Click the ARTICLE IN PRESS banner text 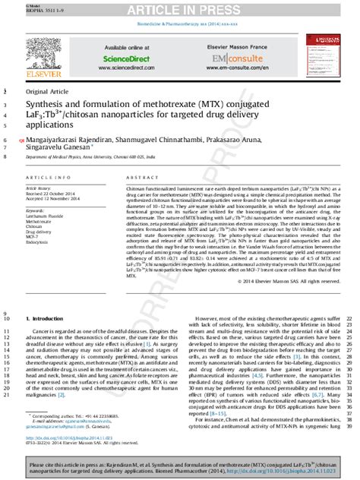coord(180,10)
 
